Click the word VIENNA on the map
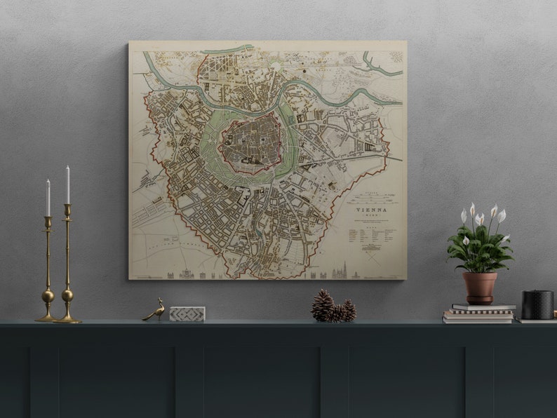[371, 210]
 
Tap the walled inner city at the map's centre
[249, 143]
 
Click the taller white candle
[68, 184]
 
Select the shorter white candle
[48, 197]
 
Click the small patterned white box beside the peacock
[187, 313]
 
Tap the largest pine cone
[323, 306]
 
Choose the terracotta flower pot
[480, 288]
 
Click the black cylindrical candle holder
[537, 304]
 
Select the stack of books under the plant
[479, 313]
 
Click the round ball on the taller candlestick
[67, 295]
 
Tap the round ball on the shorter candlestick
[48, 296]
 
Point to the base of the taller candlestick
[67, 319]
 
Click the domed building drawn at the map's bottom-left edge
[186, 274]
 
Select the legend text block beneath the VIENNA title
[371, 234]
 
